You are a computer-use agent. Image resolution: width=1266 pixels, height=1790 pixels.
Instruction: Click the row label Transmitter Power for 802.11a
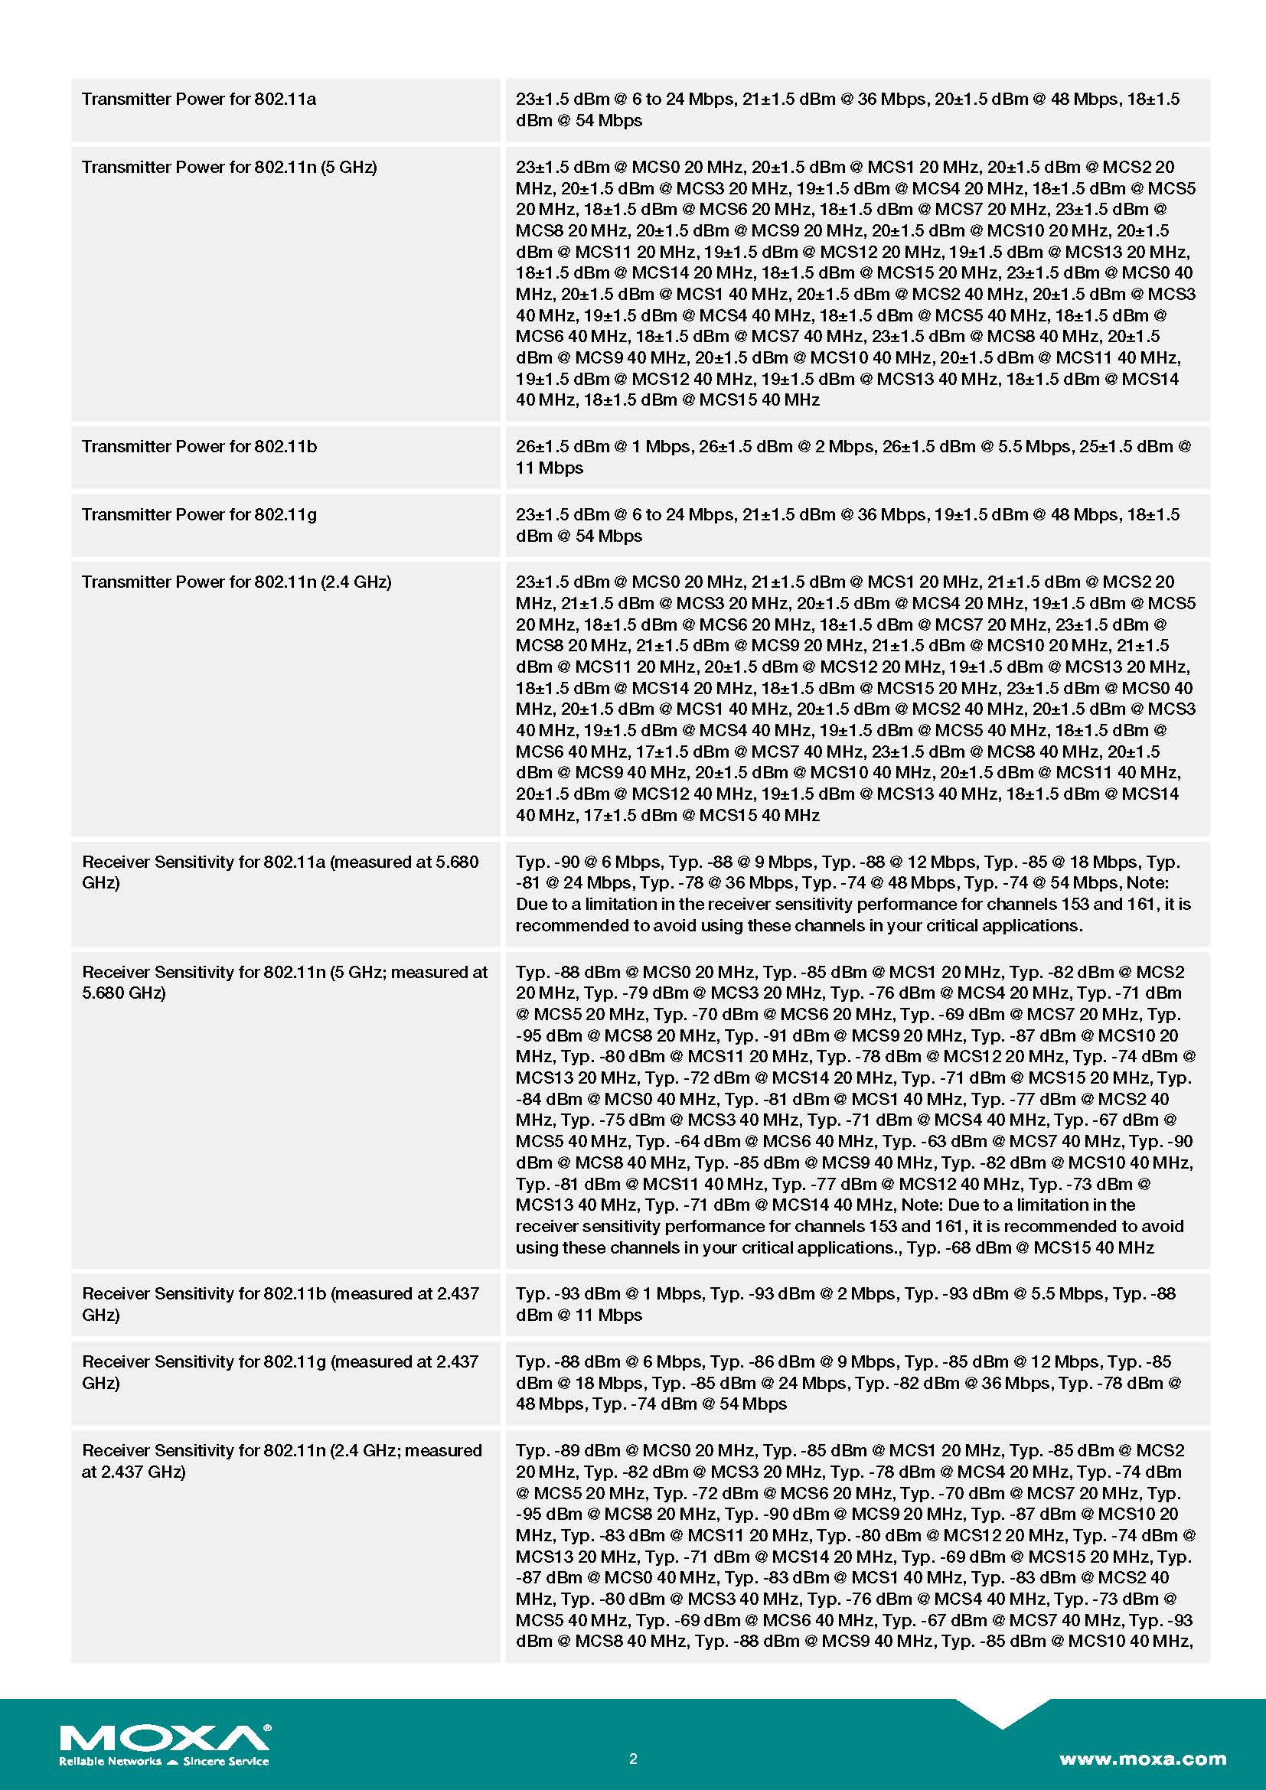pos(199,99)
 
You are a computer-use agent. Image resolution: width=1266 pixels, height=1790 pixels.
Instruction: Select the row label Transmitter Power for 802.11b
pos(199,447)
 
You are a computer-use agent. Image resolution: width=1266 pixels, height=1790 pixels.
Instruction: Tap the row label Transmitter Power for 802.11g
pos(199,514)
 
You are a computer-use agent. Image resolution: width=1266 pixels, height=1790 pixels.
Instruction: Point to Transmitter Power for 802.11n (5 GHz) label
pos(229,167)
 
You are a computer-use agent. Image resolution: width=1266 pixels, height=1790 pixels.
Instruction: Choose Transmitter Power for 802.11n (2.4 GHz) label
pos(237,582)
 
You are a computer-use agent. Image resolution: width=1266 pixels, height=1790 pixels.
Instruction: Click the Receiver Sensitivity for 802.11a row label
pos(280,872)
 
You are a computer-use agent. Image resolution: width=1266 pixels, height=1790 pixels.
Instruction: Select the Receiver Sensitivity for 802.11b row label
pos(280,1303)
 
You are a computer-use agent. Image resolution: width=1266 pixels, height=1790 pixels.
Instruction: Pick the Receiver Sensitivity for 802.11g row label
pos(280,1371)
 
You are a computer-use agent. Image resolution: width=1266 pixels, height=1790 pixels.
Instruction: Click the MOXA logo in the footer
pos(165,1738)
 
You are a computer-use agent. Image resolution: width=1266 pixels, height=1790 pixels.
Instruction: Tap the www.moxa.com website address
pos(1142,1759)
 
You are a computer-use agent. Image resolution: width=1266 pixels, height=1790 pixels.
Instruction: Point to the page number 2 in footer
pos(633,1759)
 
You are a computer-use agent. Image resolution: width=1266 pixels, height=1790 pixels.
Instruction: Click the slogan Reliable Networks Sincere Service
pos(164,1761)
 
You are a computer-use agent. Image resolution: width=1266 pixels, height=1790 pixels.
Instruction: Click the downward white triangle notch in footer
pos(1002,1712)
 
